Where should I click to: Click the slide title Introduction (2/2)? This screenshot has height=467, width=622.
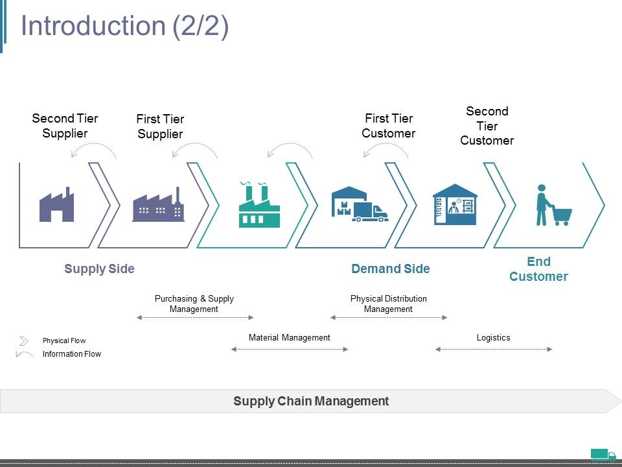[124, 26]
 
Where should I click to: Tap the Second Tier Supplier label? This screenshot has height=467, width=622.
[65, 125]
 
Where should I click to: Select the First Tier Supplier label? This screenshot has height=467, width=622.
[160, 126]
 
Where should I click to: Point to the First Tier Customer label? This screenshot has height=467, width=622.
[389, 125]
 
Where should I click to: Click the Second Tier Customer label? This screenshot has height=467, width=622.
[487, 125]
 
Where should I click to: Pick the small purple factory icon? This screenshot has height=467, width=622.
[57, 204]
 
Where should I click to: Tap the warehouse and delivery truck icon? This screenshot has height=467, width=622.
[360, 204]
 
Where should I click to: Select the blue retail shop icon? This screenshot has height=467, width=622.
[455, 204]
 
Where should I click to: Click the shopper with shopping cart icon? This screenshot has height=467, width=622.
[554, 205]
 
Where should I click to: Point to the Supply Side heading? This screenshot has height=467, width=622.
[100, 269]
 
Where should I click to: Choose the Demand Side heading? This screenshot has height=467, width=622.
[391, 269]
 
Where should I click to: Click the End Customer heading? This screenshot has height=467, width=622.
[538, 269]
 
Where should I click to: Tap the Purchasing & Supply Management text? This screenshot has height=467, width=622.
[194, 304]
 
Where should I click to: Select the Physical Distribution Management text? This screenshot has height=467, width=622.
[389, 304]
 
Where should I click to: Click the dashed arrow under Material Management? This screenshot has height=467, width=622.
[290, 350]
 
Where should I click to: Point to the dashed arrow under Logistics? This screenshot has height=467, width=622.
[494, 350]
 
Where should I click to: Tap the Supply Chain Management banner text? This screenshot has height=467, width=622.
[311, 401]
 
